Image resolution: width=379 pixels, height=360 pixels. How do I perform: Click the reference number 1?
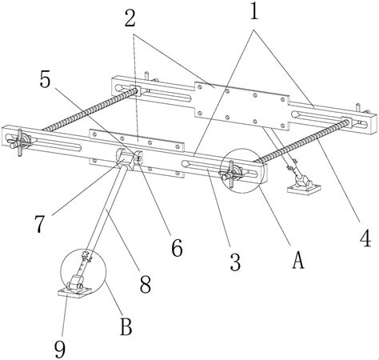point(254,12)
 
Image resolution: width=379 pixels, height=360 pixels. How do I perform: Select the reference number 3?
point(235,262)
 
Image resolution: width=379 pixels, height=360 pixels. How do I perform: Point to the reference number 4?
point(365,238)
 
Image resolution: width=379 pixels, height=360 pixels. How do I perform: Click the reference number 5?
point(45,79)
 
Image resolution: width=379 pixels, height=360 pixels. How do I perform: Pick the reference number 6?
point(177,248)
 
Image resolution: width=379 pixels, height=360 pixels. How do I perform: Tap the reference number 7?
point(39,224)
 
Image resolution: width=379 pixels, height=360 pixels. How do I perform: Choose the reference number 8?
point(146,284)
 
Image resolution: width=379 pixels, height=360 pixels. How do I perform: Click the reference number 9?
point(60,350)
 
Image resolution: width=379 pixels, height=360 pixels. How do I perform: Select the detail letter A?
point(298,260)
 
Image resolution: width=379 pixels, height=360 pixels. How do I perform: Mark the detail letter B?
point(126,326)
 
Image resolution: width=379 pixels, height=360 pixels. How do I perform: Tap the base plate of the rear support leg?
point(304,189)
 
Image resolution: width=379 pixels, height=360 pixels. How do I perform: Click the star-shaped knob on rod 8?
point(86,254)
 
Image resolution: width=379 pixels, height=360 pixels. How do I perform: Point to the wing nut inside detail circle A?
point(231,174)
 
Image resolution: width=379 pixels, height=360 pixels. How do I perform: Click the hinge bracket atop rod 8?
point(129,158)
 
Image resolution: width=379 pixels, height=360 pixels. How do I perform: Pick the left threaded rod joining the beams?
point(90,110)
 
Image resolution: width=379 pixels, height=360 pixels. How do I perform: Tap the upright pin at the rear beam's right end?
point(358,108)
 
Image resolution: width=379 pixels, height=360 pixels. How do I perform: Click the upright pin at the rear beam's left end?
point(146,75)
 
